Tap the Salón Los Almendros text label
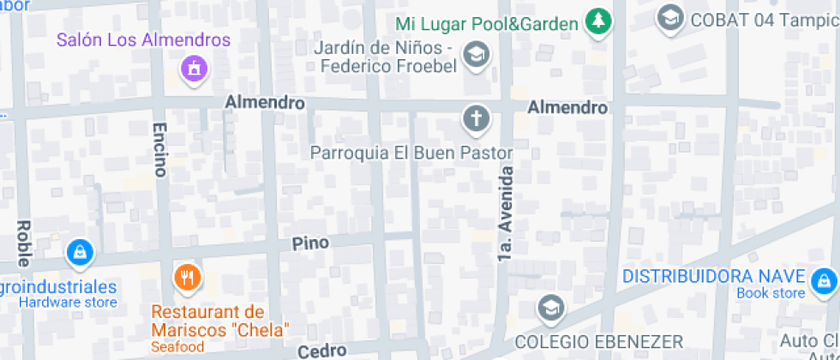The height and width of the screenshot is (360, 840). pyautogui.click(x=144, y=40)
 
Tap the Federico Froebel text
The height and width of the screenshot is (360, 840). pyautogui.click(x=386, y=67)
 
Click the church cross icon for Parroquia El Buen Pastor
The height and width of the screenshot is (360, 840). pyautogui.click(x=475, y=118)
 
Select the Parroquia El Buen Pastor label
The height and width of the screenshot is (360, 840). pyautogui.click(x=411, y=153)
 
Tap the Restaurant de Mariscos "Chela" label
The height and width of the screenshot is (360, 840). pyautogui.click(x=221, y=321)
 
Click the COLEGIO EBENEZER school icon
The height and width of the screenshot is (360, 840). pyautogui.click(x=549, y=307)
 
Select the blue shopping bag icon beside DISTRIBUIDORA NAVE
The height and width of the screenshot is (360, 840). pyautogui.click(x=824, y=279)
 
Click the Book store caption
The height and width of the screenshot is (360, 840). pyautogui.click(x=771, y=294)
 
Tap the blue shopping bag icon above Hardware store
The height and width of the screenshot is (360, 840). pyautogui.click(x=79, y=251)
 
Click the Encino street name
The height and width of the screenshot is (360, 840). pyautogui.click(x=159, y=149)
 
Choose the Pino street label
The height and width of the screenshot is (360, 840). pyautogui.click(x=310, y=243)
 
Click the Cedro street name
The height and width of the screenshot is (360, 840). pyautogui.click(x=321, y=351)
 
